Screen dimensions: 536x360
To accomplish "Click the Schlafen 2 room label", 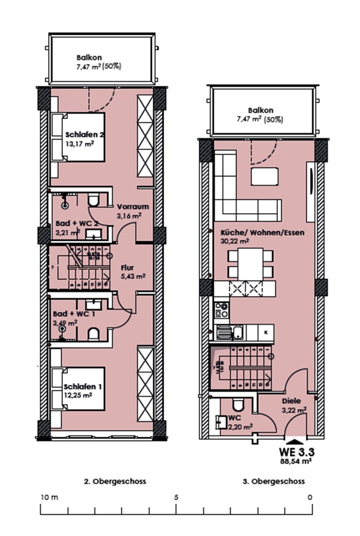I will pyautogui.click(x=84, y=135).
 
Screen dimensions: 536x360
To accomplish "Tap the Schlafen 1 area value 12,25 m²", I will pyautogui.click(x=78, y=395).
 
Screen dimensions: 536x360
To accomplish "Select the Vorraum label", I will pyautogui.click(x=133, y=207).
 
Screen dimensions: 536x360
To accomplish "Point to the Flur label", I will pyautogui.click(x=127, y=268).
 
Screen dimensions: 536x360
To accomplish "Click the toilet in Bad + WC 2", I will pyautogui.click(x=93, y=200).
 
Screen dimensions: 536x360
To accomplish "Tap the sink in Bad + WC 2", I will pyautogui.click(x=93, y=234).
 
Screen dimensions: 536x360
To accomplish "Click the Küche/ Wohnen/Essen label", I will pyautogui.click(x=262, y=233).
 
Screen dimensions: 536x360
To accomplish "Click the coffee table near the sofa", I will pyautogui.click(x=264, y=176).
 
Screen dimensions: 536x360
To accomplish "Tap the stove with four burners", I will pyautogui.click(x=222, y=310).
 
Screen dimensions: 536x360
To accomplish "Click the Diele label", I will pyautogui.click(x=291, y=401).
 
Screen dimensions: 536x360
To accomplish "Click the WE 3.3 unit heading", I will pyautogui.click(x=296, y=452).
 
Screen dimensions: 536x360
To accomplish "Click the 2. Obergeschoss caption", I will pyautogui.click(x=115, y=481).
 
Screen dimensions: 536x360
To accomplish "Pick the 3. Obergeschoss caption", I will pyautogui.click(x=274, y=481).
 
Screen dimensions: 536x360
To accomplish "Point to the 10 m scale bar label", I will pyautogui.click(x=49, y=497).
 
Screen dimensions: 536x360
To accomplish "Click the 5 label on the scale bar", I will pyautogui.click(x=176, y=497).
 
